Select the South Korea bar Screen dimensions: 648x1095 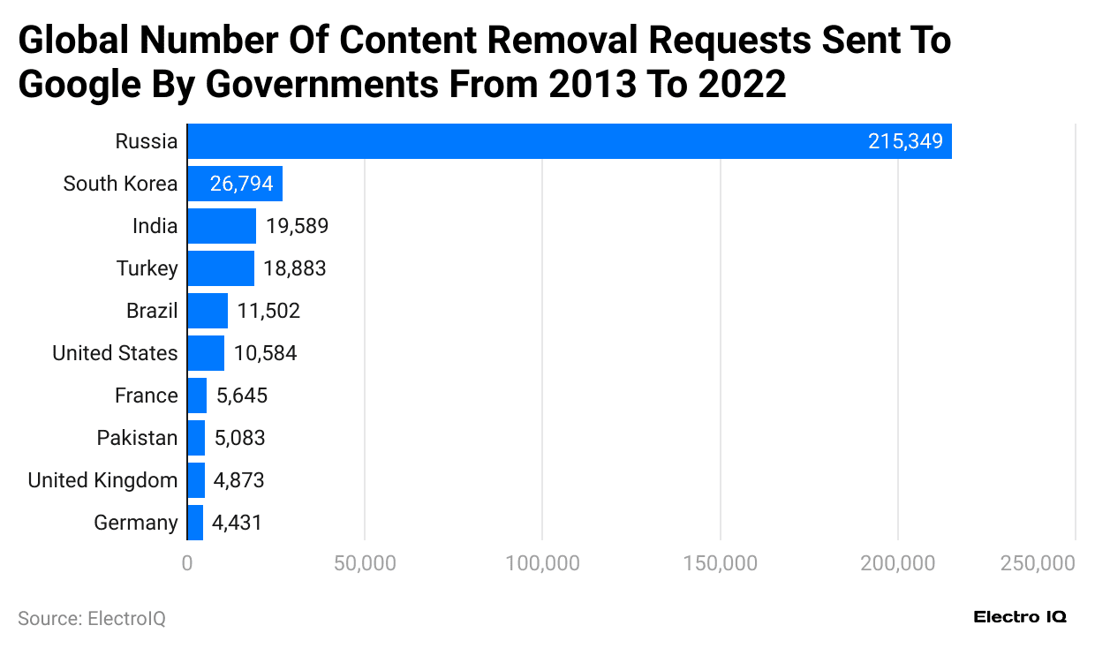[x=234, y=184]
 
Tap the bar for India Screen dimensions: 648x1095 [x=222, y=226]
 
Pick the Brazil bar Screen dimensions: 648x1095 [x=208, y=311]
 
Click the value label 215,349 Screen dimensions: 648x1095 [x=905, y=141]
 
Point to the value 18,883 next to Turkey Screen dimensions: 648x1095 [x=295, y=268]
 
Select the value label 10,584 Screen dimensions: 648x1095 [x=265, y=353]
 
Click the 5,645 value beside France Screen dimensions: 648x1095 [x=241, y=396]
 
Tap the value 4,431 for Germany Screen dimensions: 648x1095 [x=238, y=523]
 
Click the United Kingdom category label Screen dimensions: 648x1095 [x=102, y=480]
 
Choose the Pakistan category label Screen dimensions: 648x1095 [x=137, y=438]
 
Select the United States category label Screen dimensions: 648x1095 [x=115, y=353]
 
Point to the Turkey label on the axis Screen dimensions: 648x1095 [x=147, y=268]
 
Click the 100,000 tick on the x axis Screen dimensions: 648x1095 [x=542, y=563]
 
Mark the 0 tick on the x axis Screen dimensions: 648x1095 [x=187, y=563]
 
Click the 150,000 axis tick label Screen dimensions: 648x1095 [x=721, y=563]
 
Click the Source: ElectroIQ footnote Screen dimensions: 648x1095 [x=92, y=619]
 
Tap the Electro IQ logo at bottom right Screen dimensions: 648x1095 [x=1019, y=617]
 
